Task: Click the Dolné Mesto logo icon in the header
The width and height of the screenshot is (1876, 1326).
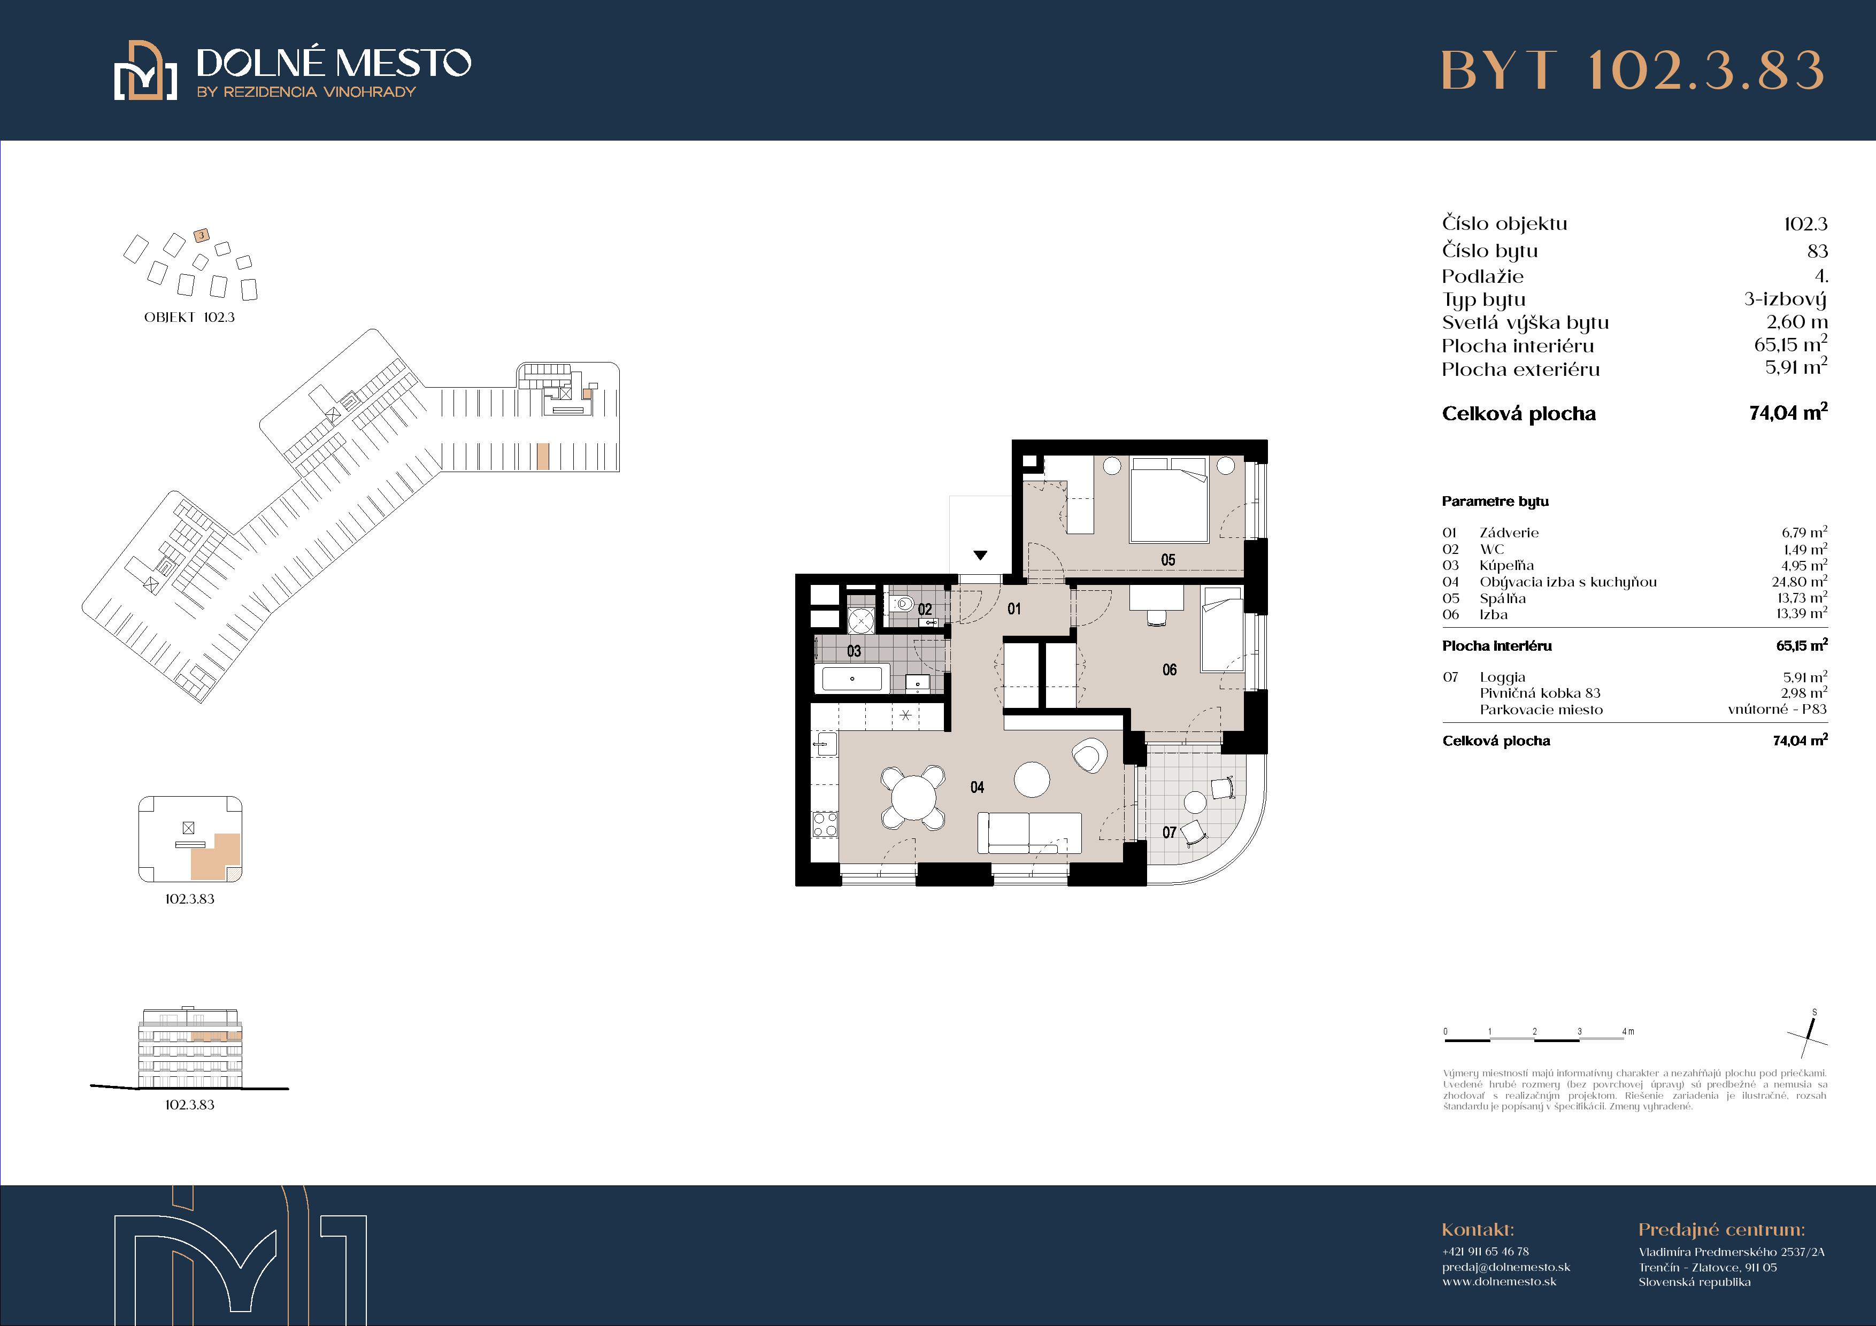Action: pyautogui.click(x=145, y=70)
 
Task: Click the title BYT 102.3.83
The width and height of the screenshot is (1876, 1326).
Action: pyautogui.click(x=1632, y=70)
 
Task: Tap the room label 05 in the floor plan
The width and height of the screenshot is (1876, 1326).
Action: pyautogui.click(x=1168, y=560)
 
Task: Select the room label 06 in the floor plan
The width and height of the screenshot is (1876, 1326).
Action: pyautogui.click(x=1169, y=670)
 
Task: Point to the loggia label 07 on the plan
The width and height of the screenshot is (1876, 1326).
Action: pyautogui.click(x=1169, y=832)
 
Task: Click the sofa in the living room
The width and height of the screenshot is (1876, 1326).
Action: pyautogui.click(x=1029, y=832)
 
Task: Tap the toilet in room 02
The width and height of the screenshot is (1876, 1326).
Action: pyautogui.click(x=902, y=605)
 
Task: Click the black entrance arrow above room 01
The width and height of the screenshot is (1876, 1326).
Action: pyautogui.click(x=980, y=556)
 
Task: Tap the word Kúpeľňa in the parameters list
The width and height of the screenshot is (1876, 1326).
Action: pyautogui.click(x=1506, y=565)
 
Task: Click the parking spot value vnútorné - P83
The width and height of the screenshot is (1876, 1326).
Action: pyautogui.click(x=1777, y=709)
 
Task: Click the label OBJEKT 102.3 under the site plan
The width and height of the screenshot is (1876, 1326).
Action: pyautogui.click(x=189, y=317)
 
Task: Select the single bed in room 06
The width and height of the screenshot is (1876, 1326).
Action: pyautogui.click(x=1221, y=629)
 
